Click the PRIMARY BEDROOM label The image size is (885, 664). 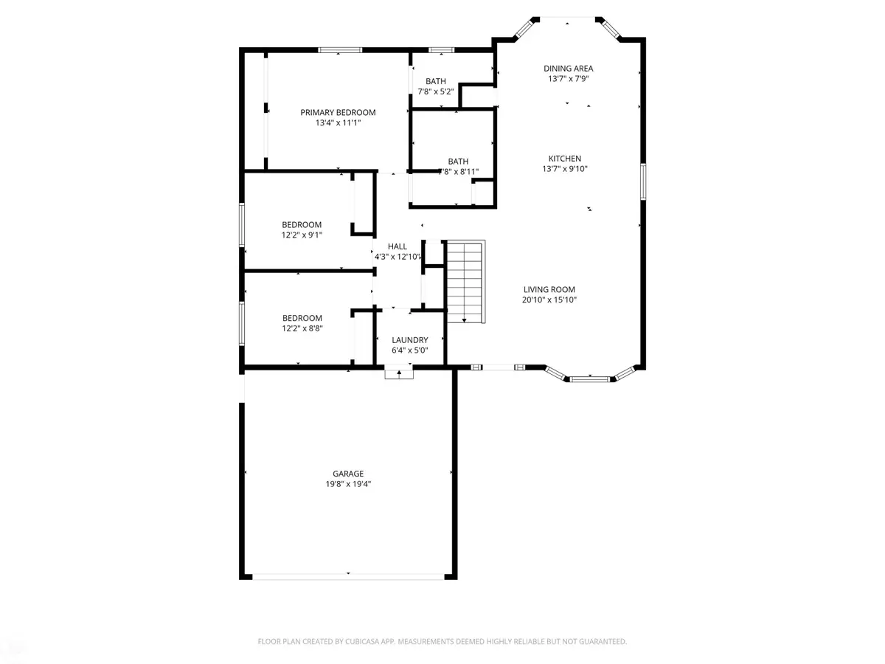point(338,113)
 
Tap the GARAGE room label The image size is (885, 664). point(348,474)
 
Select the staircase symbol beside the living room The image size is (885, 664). point(465,281)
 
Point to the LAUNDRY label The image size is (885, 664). point(410,340)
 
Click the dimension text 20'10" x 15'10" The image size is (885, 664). point(549,300)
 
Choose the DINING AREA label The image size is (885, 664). point(569,69)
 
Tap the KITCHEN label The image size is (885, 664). point(565,159)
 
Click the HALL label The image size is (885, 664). point(398,246)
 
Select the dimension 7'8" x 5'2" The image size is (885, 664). point(436,91)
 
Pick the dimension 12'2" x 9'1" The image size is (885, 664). point(302,235)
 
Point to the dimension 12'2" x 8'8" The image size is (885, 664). point(302,328)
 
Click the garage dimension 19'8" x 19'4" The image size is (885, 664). point(348,484)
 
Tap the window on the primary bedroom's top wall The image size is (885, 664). point(340,49)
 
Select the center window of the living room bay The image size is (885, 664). point(589,379)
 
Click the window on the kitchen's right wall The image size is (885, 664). point(643,181)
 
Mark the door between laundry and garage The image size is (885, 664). point(399,373)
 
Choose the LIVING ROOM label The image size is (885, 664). point(549,290)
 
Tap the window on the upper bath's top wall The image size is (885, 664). point(441,49)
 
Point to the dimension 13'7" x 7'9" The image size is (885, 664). point(568,79)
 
